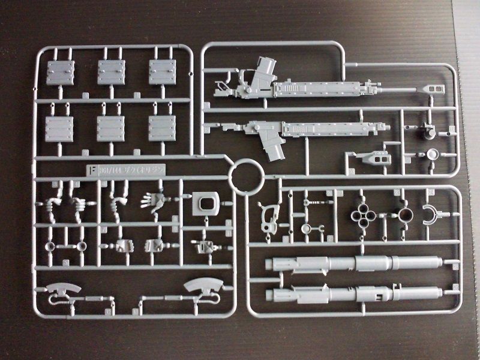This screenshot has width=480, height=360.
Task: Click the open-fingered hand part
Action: coord(154,200)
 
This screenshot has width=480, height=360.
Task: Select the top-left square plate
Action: coord(61,73)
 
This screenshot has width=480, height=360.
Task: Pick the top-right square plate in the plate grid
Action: coord(163,73)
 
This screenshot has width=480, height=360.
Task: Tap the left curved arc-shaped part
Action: coord(63,289)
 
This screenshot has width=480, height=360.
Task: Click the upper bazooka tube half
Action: coord(354,263)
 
